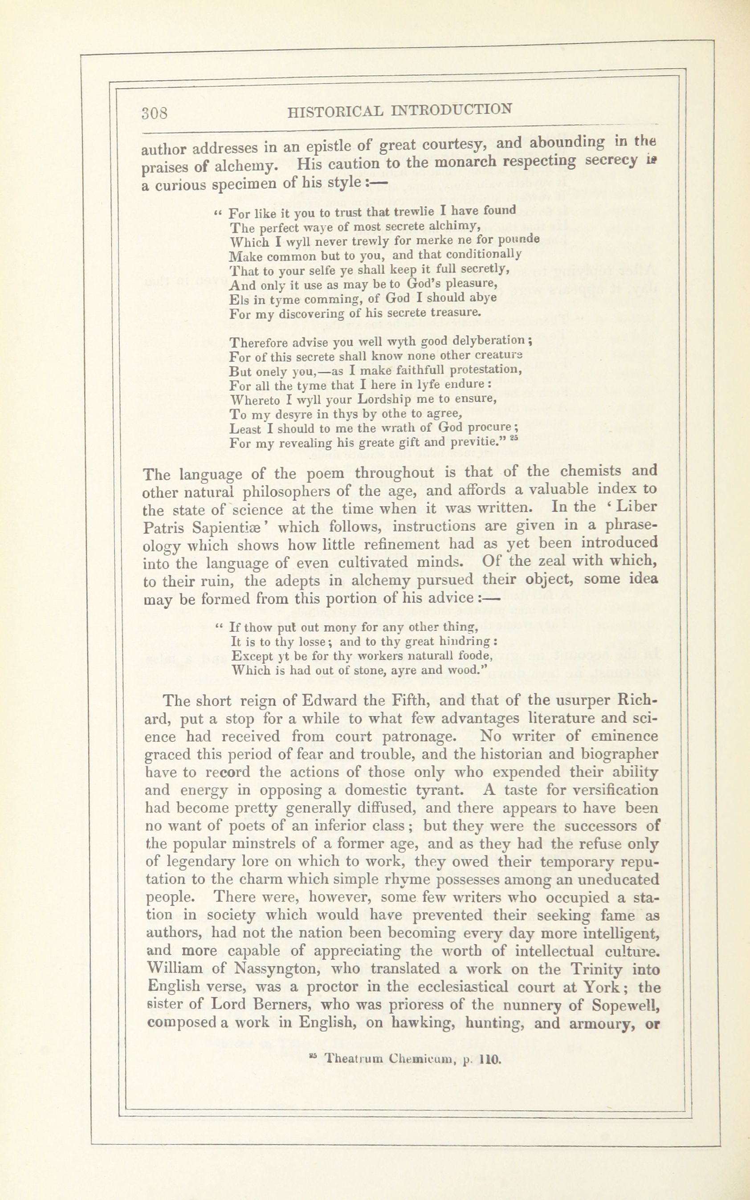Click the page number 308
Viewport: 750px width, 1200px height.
[x=155, y=113]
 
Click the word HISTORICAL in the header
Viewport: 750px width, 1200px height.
[x=335, y=112]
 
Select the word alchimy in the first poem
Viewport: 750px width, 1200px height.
[x=455, y=226]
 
